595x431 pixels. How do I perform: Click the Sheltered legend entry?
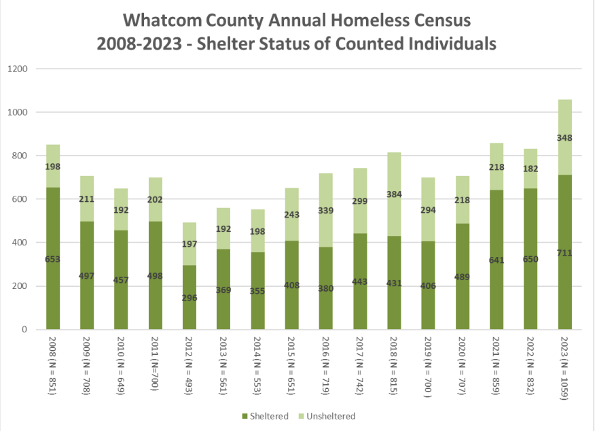point(261,416)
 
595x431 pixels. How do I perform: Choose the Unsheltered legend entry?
point(327,416)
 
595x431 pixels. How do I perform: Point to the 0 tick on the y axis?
point(25,330)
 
